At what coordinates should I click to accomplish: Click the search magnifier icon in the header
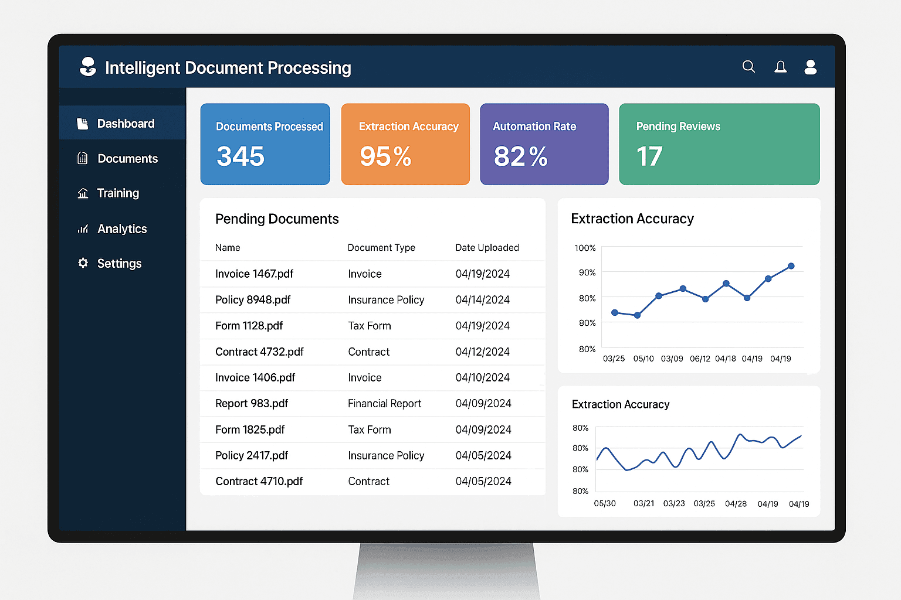[x=748, y=67]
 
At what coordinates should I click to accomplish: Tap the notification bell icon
[x=780, y=67]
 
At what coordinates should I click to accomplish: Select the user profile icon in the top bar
[x=811, y=67]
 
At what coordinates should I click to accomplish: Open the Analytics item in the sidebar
[x=122, y=229]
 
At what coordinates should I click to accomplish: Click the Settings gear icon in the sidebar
[x=83, y=263]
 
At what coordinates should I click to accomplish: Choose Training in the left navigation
[x=118, y=193]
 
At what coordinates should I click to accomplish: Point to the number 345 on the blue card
[x=241, y=156]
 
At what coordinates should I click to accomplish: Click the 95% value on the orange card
[x=385, y=156]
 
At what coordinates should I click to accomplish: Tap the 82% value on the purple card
[x=520, y=156]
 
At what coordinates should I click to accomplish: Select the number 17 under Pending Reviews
[x=649, y=156]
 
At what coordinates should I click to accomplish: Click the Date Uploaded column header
[x=487, y=248]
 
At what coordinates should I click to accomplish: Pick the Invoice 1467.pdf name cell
[x=254, y=274]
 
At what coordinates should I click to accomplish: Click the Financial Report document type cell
[x=384, y=404]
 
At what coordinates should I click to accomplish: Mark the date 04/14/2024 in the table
[x=482, y=300]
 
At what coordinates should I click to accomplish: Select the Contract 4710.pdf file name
[x=259, y=482]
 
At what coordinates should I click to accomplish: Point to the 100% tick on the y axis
[x=585, y=248]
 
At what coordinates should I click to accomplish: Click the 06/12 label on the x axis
[x=700, y=359]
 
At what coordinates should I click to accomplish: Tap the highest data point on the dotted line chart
[x=791, y=266]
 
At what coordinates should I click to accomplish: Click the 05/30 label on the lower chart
[x=605, y=504]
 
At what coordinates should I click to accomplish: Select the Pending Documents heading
[x=277, y=219]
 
